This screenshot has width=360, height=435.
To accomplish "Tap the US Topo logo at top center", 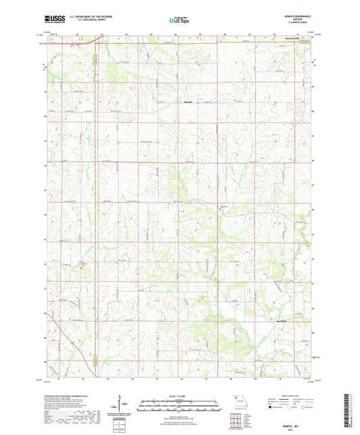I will pyautogui.click(x=180, y=21).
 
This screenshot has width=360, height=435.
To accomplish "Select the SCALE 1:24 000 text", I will pyautogui.click(x=180, y=395).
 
